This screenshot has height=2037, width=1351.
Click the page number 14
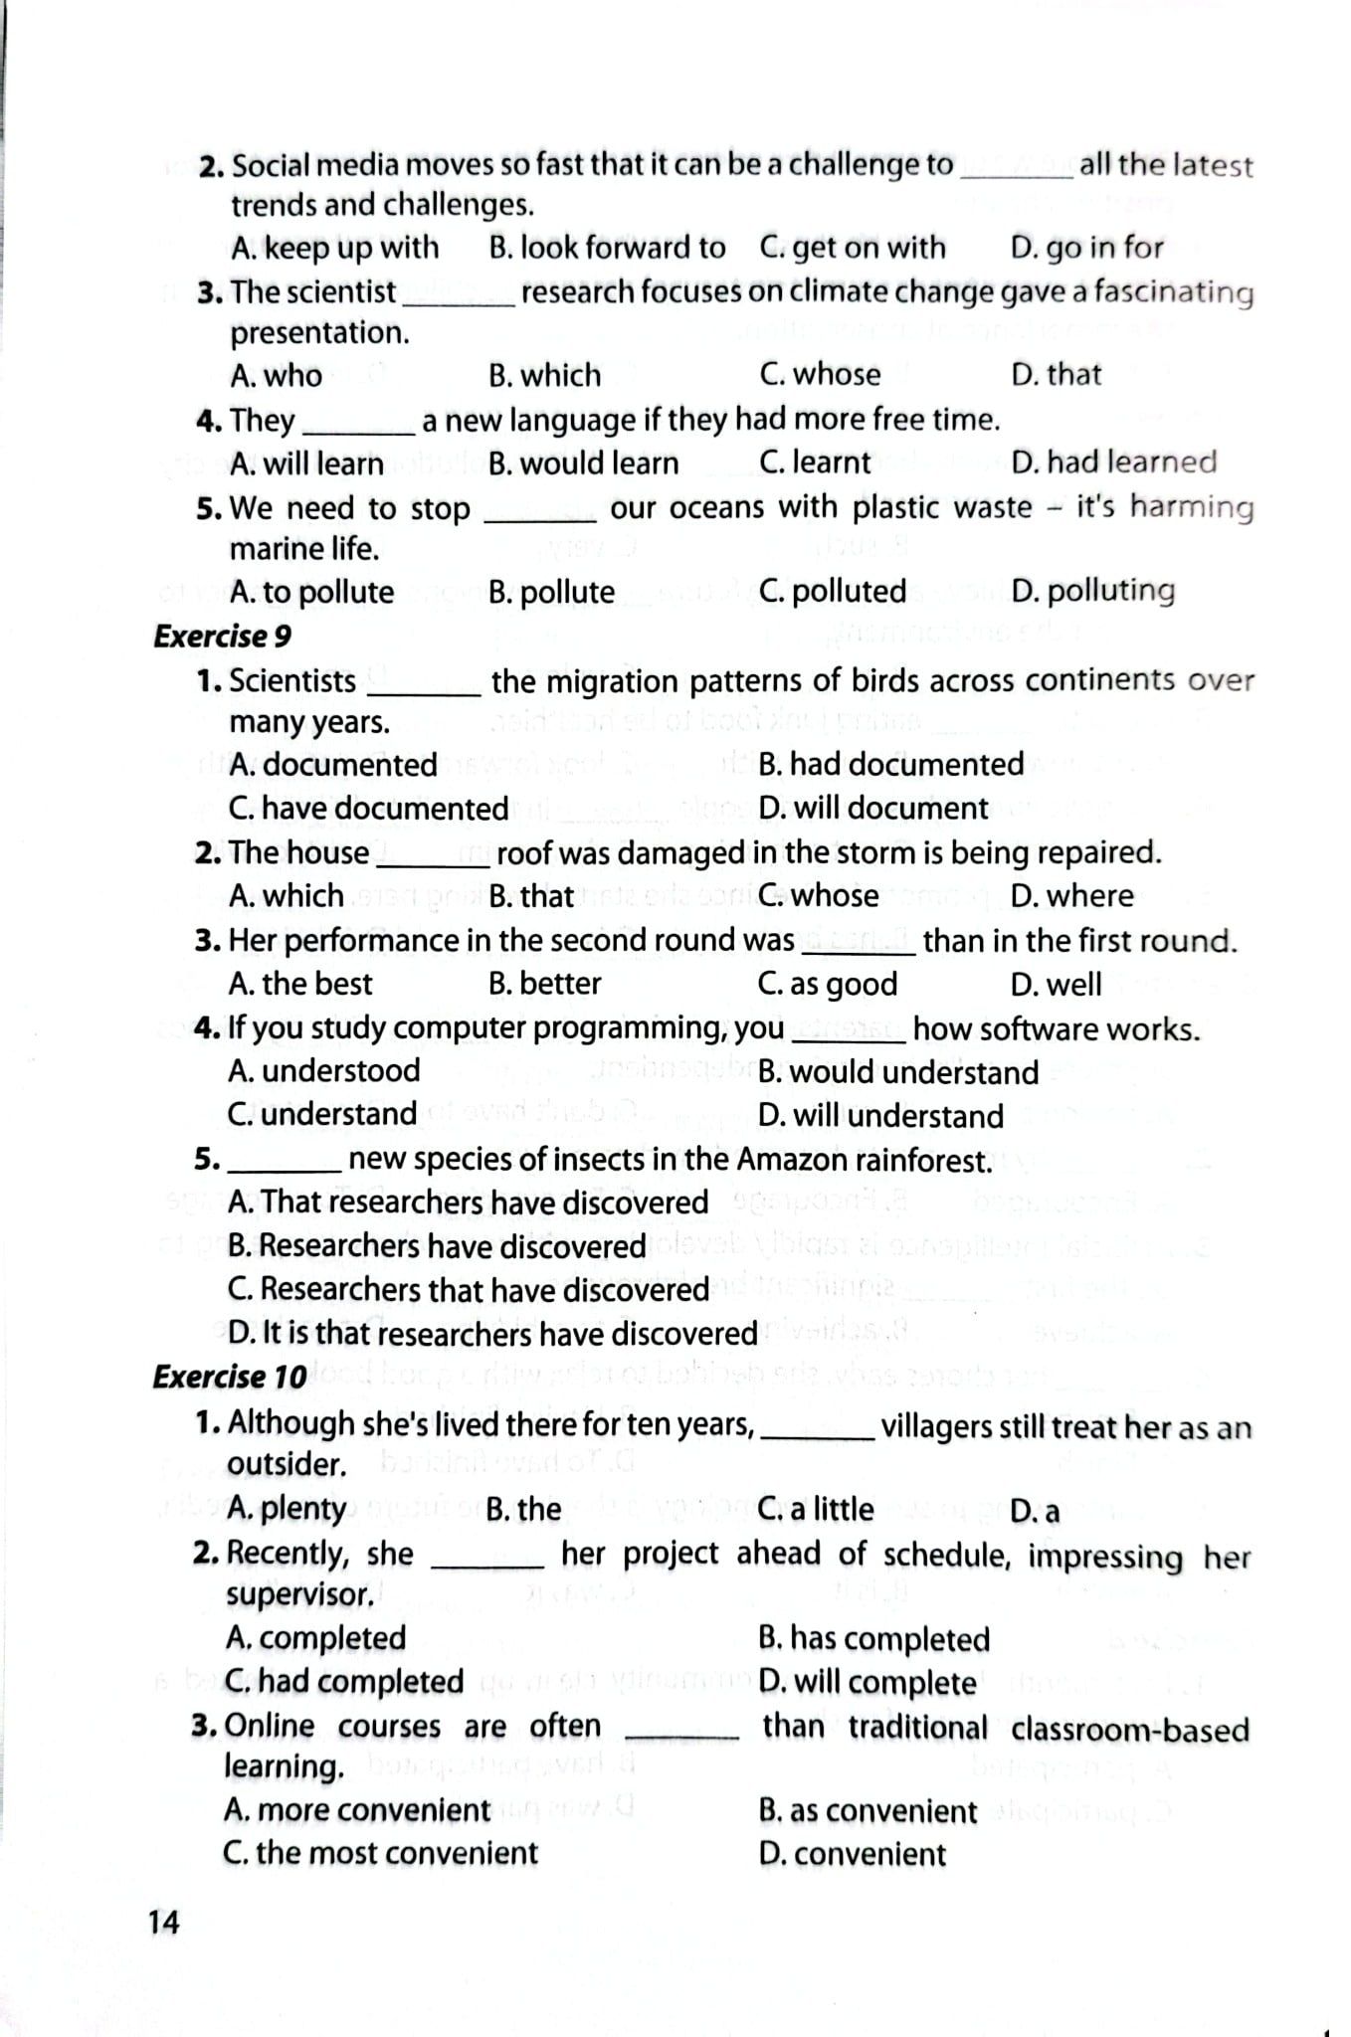point(164,1922)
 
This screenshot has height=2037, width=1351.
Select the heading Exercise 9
point(222,637)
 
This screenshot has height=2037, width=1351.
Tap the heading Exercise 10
point(229,1377)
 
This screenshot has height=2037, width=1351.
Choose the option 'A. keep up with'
point(334,248)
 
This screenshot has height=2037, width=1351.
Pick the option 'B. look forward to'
point(607,248)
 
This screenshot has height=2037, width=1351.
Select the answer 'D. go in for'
point(1086,248)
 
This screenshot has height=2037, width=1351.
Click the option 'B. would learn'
point(584,463)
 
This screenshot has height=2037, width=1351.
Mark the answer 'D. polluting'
point(1092,591)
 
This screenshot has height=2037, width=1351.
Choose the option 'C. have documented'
point(368,809)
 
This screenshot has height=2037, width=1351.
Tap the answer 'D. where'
point(1071,896)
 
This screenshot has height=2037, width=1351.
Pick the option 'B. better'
point(545,984)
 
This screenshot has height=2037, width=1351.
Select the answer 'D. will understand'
point(880,1116)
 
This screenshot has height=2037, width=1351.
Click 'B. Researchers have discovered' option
point(437,1246)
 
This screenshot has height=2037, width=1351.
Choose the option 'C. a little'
point(815,1509)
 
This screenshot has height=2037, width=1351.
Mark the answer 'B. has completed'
point(873,1639)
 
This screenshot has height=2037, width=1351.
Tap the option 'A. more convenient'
point(357,1809)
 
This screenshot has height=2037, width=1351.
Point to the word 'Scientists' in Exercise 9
point(292,681)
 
